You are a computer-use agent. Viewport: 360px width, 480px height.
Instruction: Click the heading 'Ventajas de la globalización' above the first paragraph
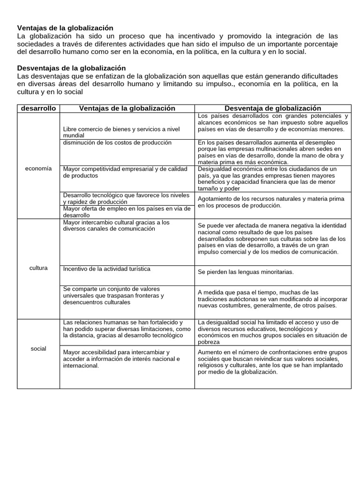pyautogui.click(x=65, y=28)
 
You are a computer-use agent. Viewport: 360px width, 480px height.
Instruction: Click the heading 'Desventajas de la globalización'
pyautogui.click(x=71, y=68)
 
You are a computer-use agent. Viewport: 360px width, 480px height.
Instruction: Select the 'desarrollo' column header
pyautogui.click(x=38, y=108)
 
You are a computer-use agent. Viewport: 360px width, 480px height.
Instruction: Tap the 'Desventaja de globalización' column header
pyautogui.click(x=273, y=108)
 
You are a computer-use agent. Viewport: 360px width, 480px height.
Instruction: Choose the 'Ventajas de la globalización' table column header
pyautogui.click(x=127, y=108)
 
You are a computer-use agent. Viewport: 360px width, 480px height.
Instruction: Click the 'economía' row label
pyautogui.click(x=38, y=169)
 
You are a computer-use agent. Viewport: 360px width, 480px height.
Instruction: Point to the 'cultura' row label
pyautogui.click(x=38, y=268)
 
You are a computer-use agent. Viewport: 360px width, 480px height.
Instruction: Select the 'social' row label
pyautogui.click(x=38, y=349)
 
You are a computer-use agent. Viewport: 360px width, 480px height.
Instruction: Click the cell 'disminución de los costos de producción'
pyautogui.click(x=117, y=142)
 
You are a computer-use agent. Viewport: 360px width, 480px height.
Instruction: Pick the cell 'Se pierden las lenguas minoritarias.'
pyautogui.click(x=246, y=272)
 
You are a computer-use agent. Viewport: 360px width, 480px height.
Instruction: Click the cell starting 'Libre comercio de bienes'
pyautogui.click(x=121, y=132)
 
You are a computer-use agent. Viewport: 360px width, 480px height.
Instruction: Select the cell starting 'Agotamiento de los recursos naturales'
pyautogui.click(x=271, y=202)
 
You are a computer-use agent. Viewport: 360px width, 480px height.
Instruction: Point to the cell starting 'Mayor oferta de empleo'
pyautogui.click(x=127, y=211)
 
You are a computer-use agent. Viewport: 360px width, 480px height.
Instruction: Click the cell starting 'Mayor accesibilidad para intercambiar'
pyautogui.click(x=121, y=359)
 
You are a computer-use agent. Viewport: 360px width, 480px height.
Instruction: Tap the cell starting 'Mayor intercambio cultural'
pyautogui.click(x=116, y=225)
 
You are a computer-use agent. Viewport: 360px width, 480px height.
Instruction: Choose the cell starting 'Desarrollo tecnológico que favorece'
pyautogui.click(x=127, y=198)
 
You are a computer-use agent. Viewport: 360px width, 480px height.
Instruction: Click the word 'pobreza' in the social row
pyautogui.click(x=209, y=342)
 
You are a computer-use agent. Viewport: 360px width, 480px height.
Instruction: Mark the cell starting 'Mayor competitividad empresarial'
pyautogui.click(x=125, y=172)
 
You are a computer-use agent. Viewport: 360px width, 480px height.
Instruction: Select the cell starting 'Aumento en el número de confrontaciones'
pyautogui.click(x=272, y=362)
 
